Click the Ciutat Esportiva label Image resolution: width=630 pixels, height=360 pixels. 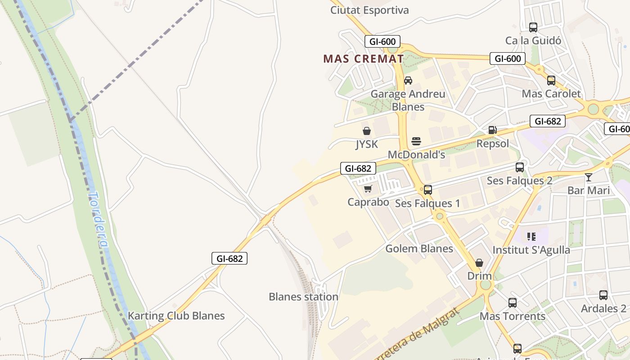point(369,10)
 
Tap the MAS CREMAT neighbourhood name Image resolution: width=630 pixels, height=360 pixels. point(364,58)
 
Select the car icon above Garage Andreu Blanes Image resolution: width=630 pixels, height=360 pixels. point(408,81)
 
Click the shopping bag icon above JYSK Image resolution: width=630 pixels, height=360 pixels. point(367,131)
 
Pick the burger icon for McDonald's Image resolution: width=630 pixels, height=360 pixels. point(416,141)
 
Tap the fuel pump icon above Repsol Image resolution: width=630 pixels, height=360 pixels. point(493,130)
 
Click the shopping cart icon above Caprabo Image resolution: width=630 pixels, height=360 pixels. point(368,189)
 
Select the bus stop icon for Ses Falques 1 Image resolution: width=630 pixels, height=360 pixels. point(427,190)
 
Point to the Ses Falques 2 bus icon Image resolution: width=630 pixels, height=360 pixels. point(520,167)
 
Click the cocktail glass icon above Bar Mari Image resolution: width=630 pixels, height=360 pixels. point(588,177)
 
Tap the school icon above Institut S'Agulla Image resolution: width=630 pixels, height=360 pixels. point(531,236)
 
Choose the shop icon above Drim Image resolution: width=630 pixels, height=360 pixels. point(479,262)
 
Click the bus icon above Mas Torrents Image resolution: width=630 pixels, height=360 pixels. point(513,303)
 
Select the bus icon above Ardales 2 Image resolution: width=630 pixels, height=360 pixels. point(603,295)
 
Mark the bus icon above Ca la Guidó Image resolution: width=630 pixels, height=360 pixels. point(533,27)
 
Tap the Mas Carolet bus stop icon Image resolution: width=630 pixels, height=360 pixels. point(551,81)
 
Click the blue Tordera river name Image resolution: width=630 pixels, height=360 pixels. point(98,220)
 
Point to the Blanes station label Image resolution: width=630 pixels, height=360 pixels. point(303,297)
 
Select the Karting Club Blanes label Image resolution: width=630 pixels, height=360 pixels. point(176,315)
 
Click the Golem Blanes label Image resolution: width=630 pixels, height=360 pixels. point(419,248)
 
